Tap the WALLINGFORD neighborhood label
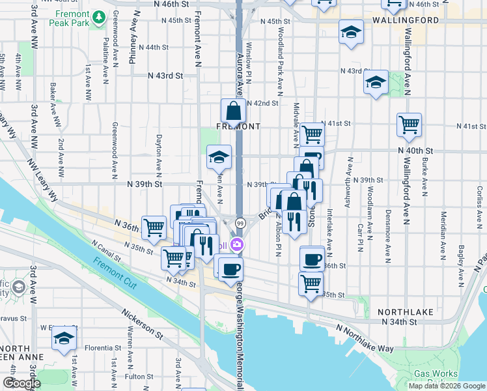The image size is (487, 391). [406, 20]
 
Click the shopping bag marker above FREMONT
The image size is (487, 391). [233, 111]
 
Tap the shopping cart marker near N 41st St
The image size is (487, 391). [312, 134]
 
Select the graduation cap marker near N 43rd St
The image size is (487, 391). [376, 83]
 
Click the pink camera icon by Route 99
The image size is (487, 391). [238, 245]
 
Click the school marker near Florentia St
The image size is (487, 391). [64, 338]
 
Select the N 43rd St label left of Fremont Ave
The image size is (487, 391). [165, 76]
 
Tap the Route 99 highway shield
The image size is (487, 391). [240, 223]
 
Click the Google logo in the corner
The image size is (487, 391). [21, 383]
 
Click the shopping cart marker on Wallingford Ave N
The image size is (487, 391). [409, 124]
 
